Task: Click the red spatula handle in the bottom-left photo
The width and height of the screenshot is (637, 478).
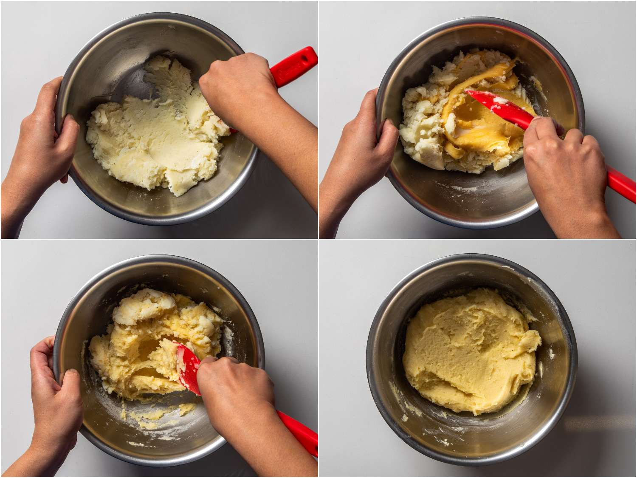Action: pyautogui.click(x=297, y=429)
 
